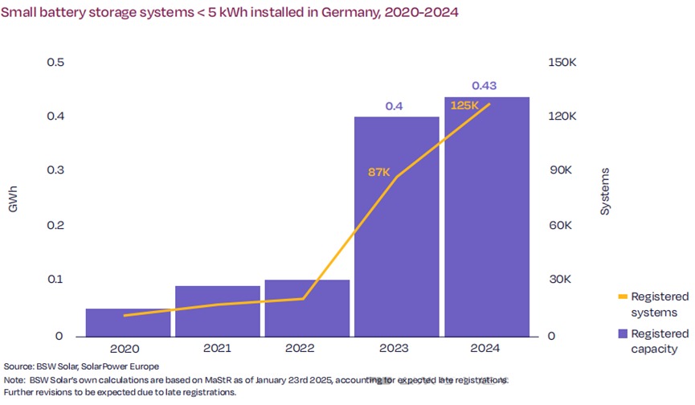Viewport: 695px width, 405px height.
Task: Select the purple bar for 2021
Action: (x=218, y=310)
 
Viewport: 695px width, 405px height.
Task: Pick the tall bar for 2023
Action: (x=397, y=226)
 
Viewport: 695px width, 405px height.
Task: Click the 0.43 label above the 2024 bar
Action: (x=485, y=85)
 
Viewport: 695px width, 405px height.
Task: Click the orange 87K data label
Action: (x=379, y=170)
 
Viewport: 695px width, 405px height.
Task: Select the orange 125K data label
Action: (x=464, y=105)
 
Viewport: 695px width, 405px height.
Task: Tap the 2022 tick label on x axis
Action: (x=307, y=349)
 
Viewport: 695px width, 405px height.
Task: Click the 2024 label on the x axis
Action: (x=485, y=349)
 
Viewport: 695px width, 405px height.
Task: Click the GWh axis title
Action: (x=13, y=198)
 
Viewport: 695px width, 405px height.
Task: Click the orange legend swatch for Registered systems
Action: (x=622, y=297)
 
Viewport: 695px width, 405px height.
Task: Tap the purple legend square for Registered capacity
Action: (x=622, y=333)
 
